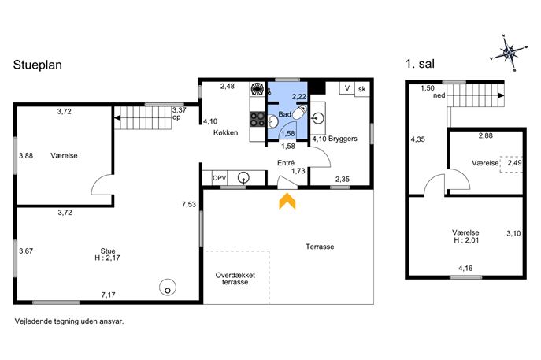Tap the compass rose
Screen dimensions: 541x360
click(510, 53)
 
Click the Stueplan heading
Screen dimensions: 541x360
click(38, 65)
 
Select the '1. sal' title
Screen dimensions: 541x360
click(420, 64)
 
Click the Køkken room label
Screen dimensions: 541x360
click(226, 132)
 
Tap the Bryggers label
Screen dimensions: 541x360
click(343, 139)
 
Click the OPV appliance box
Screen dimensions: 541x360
click(220, 178)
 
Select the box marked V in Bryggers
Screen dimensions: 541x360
click(347, 88)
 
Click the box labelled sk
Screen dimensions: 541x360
click(362, 89)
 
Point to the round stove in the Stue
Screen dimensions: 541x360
click(168, 288)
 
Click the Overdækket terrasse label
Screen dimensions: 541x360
click(235, 279)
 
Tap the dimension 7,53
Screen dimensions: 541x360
click(189, 204)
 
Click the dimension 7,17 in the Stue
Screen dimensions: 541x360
click(109, 295)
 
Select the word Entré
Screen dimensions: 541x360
click(286, 163)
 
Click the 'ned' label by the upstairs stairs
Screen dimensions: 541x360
click(439, 95)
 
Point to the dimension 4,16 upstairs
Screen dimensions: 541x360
click(465, 268)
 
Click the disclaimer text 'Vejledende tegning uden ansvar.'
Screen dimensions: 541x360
click(69, 321)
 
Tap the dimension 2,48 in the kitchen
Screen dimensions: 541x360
click(228, 87)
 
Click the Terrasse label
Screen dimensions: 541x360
click(320, 247)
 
